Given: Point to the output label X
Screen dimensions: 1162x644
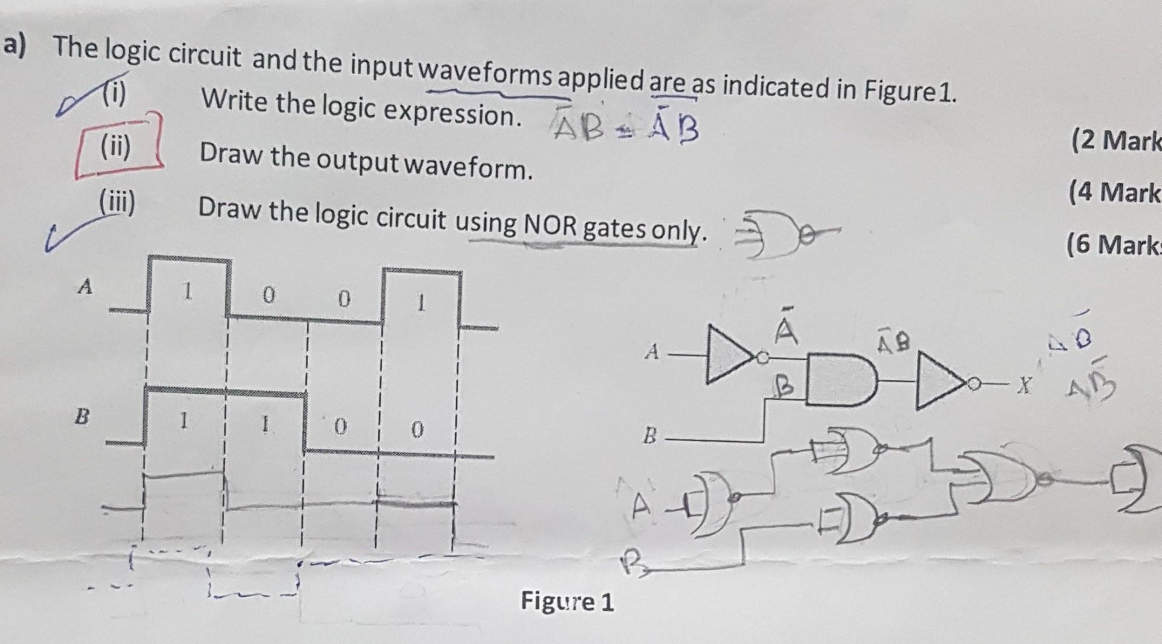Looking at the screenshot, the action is pos(1023,385).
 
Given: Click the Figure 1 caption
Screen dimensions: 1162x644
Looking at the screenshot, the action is pos(567,602).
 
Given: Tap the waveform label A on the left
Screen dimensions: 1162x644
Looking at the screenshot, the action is pos(85,286).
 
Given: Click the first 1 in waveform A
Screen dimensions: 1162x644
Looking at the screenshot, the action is pos(188,294).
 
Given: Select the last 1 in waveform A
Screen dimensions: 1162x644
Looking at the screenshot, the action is pos(422,302).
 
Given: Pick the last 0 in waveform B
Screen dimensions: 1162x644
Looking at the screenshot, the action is pos(416,430).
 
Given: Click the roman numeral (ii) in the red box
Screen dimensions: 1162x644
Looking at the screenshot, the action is pos(115,146).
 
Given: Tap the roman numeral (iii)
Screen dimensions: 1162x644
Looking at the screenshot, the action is pos(117,200).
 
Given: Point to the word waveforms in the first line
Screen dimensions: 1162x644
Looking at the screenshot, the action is pos(485,75).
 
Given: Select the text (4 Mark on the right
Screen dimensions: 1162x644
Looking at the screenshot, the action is pos(1114,193).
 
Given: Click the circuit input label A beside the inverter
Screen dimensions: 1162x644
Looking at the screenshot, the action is pos(651,351).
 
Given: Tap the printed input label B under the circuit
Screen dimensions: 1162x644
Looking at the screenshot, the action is pos(649,435).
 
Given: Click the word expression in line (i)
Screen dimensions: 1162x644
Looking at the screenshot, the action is pos(451,112).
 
